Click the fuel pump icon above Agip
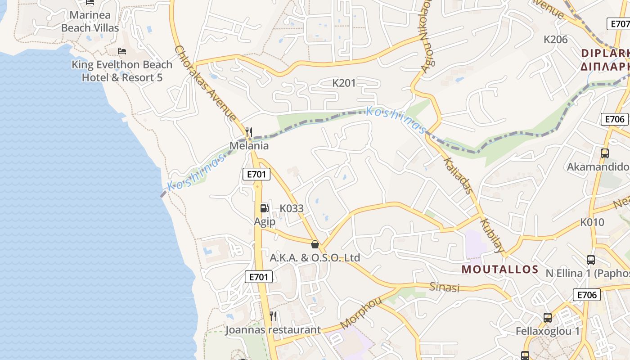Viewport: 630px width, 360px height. pyautogui.click(x=264, y=208)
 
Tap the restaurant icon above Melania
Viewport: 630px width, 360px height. pyautogui.click(x=248, y=132)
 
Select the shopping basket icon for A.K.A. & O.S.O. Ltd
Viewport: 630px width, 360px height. pyautogui.click(x=315, y=244)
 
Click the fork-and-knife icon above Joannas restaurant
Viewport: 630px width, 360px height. pyautogui.click(x=273, y=316)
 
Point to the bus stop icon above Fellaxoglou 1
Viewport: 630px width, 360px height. pyautogui.click(x=548, y=317)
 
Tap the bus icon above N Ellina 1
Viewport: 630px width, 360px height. pyautogui.click(x=591, y=260)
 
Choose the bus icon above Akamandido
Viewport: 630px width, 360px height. pyautogui.click(x=605, y=153)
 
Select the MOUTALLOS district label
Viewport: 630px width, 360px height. pyautogui.click(x=500, y=270)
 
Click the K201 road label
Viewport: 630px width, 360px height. pyautogui.click(x=344, y=83)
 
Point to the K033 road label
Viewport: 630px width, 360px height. pyautogui.click(x=292, y=208)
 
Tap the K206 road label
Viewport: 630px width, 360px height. pyautogui.click(x=556, y=39)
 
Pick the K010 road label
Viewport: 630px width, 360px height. pyautogui.click(x=592, y=222)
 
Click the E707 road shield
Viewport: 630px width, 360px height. pyautogui.click(x=619, y=24)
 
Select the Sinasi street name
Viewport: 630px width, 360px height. pyautogui.click(x=444, y=287)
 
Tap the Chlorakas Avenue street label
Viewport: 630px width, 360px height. pyautogui.click(x=205, y=83)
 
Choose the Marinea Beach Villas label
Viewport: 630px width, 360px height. pyautogui.click(x=90, y=21)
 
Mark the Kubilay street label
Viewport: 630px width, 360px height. pyautogui.click(x=492, y=235)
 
